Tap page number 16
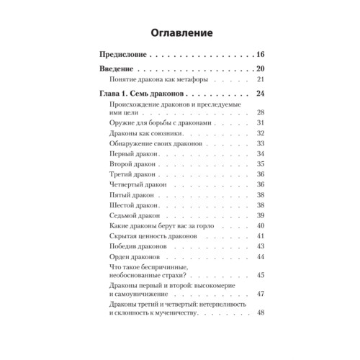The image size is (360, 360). pyautogui.click(x=261, y=54)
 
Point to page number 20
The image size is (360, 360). pyautogui.click(x=261, y=68)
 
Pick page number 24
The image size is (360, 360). pyautogui.click(x=261, y=94)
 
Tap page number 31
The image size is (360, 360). pyautogui.click(x=261, y=123)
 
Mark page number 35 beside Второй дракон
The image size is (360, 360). pyautogui.click(x=261, y=163)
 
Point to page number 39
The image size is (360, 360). pyautogui.click(x=261, y=215)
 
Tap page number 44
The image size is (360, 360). pyautogui.click(x=261, y=257)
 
